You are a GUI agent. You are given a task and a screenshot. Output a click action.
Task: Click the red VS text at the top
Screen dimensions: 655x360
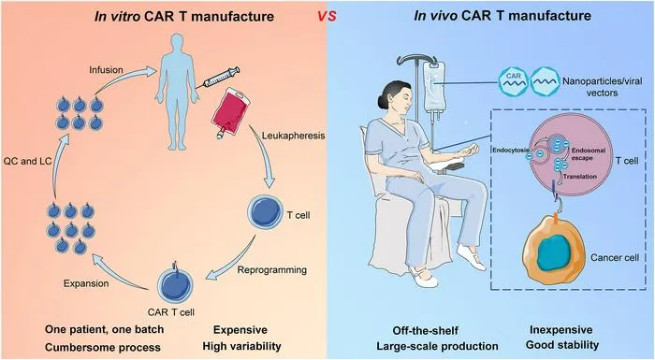click(327, 16)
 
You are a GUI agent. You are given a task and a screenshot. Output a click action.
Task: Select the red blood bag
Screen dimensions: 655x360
click(230, 113)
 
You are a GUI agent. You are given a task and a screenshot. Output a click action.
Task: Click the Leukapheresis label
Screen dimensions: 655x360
click(293, 136)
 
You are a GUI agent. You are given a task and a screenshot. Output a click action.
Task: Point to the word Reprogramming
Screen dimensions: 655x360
click(272, 270)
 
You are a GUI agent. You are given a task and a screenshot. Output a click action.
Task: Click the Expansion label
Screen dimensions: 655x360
click(86, 283)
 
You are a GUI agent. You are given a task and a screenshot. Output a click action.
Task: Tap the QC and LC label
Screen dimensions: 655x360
click(27, 161)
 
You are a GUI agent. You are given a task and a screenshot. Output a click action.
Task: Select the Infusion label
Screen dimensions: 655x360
click(106, 70)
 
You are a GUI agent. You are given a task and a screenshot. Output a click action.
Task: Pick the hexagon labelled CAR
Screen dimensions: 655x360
click(514, 81)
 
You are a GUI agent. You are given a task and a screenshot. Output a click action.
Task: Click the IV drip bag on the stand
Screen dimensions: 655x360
click(433, 87)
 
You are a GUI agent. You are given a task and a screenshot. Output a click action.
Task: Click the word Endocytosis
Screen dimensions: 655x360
click(511, 150)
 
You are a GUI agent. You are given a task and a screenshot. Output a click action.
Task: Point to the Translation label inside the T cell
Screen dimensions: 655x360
click(580, 177)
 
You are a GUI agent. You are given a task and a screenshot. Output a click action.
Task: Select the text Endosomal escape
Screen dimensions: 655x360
click(589, 154)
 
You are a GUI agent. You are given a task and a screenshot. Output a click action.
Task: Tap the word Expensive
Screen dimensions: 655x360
click(240, 330)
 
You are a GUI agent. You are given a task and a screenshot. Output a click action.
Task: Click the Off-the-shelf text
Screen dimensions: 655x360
click(425, 331)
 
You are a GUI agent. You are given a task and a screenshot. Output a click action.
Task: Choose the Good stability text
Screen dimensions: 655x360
click(562, 345)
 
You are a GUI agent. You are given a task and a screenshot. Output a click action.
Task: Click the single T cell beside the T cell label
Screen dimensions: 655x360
click(265, 212)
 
